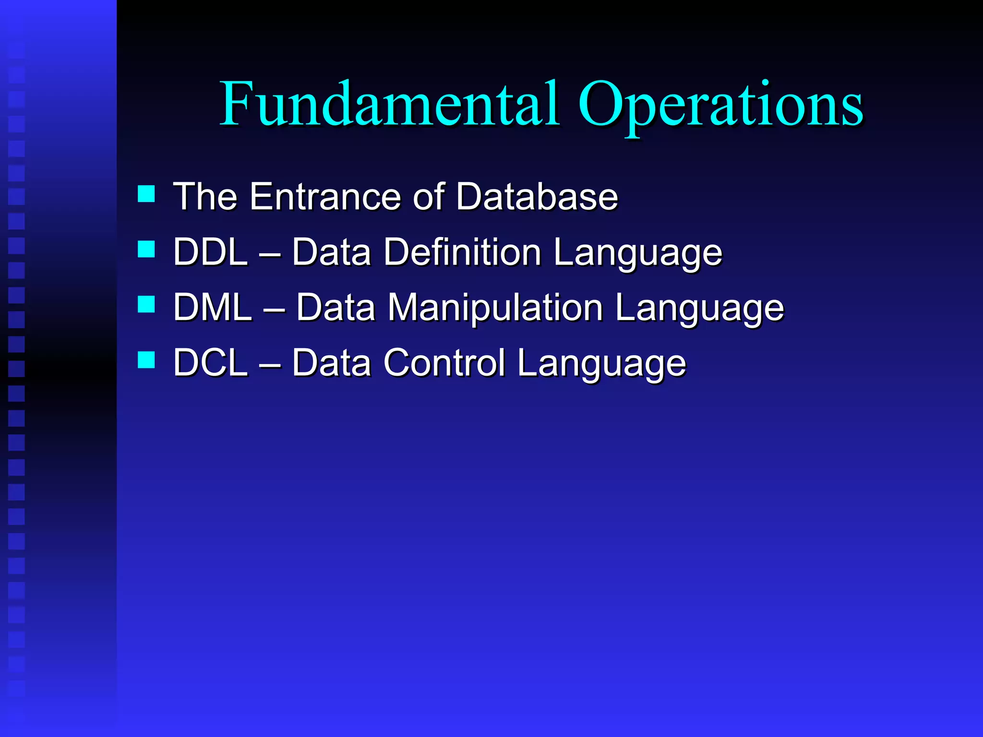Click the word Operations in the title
click(x=720, y=106)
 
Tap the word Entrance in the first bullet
click(x=325, y=196)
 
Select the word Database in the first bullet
click(x=537, y=196)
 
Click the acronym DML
click(x=212, y=307)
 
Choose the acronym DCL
click(x=210, y=362)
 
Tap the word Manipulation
click(x=495, y=307)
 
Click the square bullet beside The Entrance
click(x=146, y=194)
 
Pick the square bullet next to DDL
click(x=146, y=249)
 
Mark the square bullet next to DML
click(x=146, y=304)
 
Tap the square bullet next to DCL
click(x=146, y=359)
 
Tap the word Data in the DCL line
click(x=331, y=362)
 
